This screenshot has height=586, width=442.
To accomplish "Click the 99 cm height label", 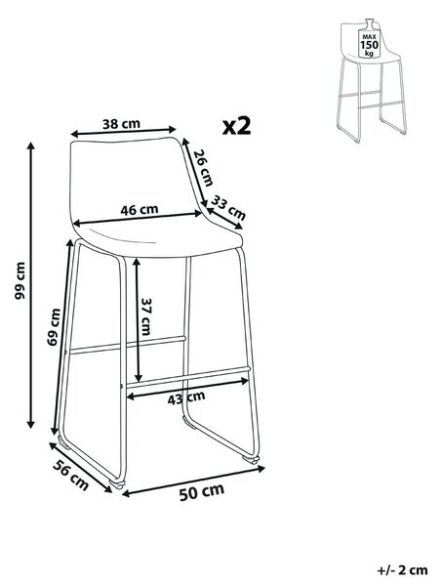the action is (20, 280).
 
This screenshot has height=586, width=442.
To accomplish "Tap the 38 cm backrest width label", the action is (121, 124).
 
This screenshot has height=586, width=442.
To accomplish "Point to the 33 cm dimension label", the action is (228, 207).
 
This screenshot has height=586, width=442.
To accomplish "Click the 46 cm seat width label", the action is (140, 210).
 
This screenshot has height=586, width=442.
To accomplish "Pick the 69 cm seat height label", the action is (54, 326).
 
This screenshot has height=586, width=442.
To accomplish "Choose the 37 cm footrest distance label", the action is (145, 316).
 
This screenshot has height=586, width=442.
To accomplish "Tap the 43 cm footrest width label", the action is (186, 398).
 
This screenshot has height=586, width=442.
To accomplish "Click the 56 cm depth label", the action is (70, 475).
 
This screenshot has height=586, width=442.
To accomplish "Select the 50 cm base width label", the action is (202, 492).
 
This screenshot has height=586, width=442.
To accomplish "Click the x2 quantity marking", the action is (237, 126).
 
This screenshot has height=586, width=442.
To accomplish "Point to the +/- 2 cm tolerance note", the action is (402, 570).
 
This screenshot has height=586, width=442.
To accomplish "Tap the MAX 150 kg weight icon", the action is (369, 39).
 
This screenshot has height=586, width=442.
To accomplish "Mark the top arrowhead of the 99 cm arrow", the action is (31, 146).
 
